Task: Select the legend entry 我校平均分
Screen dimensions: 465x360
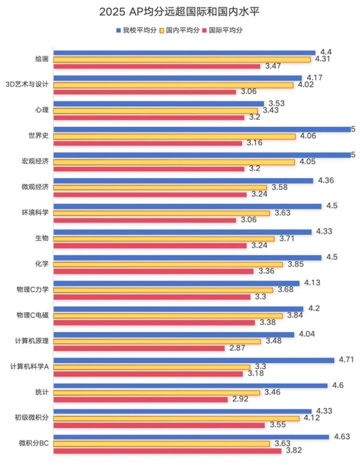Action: pos(136,29)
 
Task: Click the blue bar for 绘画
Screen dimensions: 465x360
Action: pos(184,52)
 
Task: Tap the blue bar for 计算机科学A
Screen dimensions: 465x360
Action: pos(194,360)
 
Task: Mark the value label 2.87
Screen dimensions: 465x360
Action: pos(236,348)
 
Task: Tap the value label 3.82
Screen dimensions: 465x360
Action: pos(292,451)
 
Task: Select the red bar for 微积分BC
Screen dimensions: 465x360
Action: pos(167,451)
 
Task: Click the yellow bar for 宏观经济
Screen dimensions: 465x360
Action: pos(175,162)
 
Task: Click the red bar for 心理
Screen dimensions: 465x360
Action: pos(149,117)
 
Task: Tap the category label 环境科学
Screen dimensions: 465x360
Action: pos(35,213)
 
